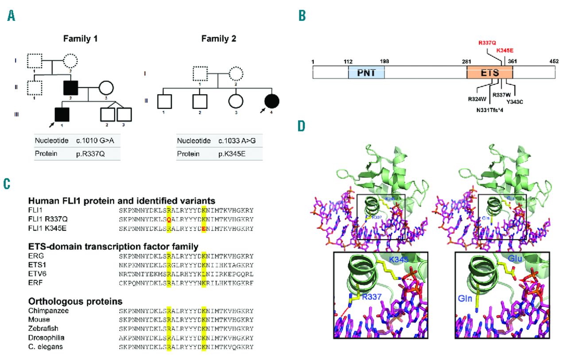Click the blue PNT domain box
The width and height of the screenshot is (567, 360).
point(366,73)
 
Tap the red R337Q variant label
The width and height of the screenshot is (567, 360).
point(487,43)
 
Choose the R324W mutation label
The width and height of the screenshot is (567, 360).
point(478,99)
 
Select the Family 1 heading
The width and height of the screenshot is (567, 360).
point(79,39)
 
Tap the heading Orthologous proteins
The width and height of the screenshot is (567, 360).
point(75,301)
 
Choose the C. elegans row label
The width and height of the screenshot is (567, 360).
point(45,347)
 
